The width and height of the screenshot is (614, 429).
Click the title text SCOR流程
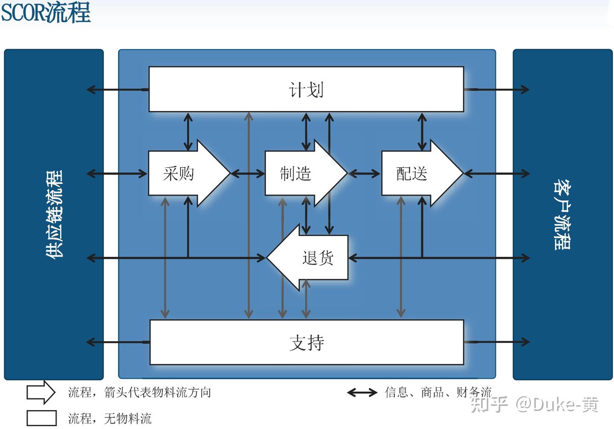coord(46,13)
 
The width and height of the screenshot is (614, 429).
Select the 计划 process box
coord(306,90)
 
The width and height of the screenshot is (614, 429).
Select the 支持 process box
coord(307,342)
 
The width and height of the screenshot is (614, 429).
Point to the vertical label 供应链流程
coord(55,214)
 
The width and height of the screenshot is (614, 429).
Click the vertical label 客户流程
coord(562,214)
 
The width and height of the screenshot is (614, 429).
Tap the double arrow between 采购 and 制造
coord(248,174)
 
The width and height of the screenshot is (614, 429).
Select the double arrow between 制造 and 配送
coord(364,174)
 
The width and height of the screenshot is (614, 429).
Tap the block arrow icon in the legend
coord(41,392)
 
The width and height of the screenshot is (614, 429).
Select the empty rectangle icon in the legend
coord(41,418)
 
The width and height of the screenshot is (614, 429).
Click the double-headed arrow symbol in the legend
coord(362,392)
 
